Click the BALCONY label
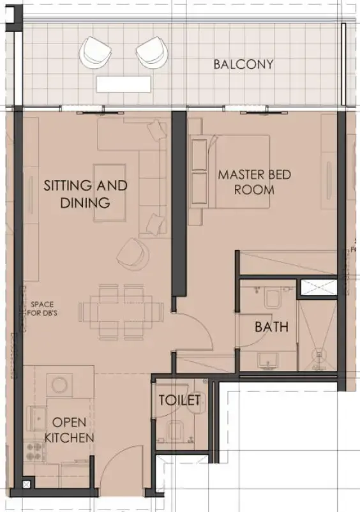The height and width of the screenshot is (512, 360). coord(243,64)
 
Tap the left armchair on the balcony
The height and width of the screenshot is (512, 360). coord(96,51)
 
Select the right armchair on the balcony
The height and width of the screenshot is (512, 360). coord(150,51)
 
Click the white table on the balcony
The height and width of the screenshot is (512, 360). coord(124,84)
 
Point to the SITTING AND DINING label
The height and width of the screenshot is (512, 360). coord(86,194)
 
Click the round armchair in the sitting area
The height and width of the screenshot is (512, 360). coord(132,253)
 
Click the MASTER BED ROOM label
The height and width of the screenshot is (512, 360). coord(245,181)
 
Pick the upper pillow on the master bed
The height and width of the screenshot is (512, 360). coord(199,154)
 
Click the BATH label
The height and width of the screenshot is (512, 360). coord(271,327)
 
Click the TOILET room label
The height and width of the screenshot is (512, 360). coord(179,400)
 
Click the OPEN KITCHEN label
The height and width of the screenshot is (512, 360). coord(69,430)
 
